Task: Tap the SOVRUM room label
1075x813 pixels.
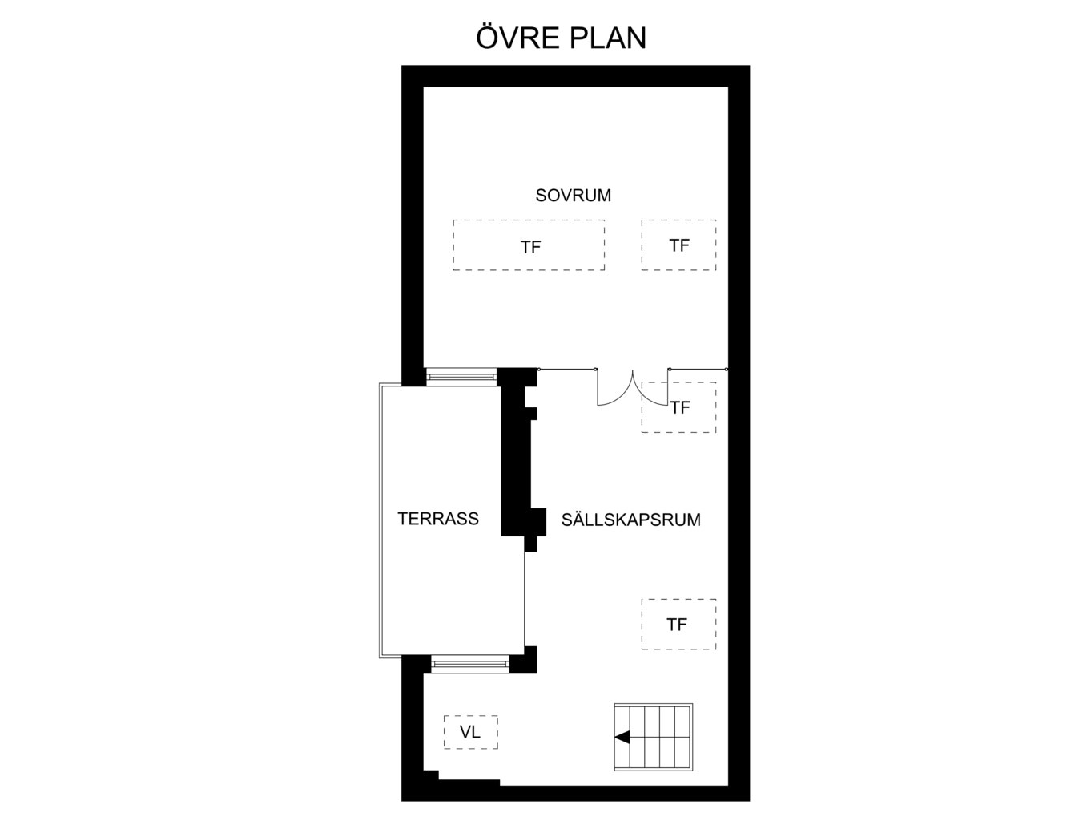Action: (x=573, y=196)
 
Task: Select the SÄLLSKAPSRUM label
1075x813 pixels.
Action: (x=630, y=520)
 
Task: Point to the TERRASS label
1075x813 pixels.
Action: (x=438, y=519)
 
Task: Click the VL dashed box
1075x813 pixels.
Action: (x=471, y=732)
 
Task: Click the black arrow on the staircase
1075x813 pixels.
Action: (x=622, y=737)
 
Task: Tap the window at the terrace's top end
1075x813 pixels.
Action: (x=461, y=376)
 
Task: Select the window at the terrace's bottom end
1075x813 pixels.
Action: (x=470, y=664)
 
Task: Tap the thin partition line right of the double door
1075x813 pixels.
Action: (x=698, y=369)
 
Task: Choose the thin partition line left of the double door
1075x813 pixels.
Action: (x=567, y=369)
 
